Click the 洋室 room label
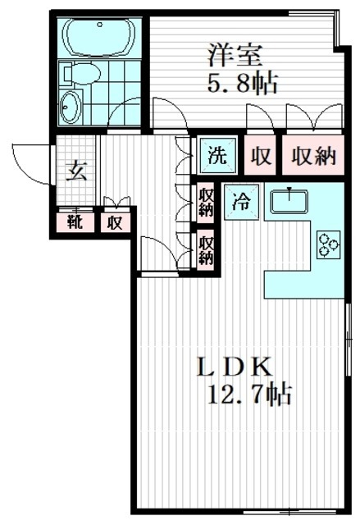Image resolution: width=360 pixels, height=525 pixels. pyautogui.click(x=233, y=56)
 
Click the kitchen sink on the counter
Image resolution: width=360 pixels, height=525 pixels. pyautogui.click(x=288, y=199)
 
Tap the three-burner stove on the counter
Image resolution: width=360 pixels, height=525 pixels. pyautogui.click(x=329, y=244)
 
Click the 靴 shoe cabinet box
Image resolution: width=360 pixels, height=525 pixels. pyautogui.click(x=75, y=221)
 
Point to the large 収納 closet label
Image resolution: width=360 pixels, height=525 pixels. pyautogui.click(x=312, y=156)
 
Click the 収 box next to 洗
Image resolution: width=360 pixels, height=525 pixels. pyautogui.click(x=262, y=156)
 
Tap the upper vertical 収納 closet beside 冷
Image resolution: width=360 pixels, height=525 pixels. pyautogui.click(x=206, y=202)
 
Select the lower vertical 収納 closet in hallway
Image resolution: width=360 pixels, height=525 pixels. pyautogui.click(x=206, y=249)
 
